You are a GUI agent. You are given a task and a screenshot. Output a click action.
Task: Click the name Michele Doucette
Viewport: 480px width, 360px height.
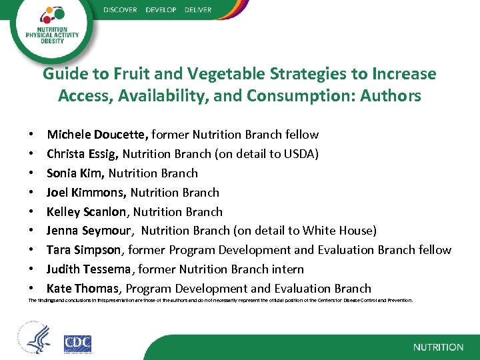96,135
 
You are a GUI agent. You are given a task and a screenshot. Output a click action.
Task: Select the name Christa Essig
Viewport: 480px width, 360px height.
82,154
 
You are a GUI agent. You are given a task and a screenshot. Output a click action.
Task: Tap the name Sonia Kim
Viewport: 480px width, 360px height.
75,173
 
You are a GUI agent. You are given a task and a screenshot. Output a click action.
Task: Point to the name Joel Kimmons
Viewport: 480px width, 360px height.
86,193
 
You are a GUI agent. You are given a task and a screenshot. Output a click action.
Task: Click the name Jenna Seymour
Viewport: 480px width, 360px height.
89,231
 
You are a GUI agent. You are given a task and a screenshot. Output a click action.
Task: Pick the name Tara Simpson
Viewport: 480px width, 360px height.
84,250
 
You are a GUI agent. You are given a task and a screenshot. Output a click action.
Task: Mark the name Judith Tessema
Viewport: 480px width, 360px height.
91,269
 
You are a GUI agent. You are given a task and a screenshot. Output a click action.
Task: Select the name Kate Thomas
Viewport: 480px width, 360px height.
83,289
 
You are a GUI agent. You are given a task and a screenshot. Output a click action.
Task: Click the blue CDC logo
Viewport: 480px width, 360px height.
77,343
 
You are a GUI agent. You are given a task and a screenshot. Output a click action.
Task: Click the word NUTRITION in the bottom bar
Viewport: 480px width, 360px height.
438,347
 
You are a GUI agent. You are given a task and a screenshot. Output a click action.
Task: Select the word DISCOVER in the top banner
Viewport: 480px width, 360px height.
121,10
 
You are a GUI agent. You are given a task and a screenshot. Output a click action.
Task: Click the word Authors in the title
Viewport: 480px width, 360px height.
391,96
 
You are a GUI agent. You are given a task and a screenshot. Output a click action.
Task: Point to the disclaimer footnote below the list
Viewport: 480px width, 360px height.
220,301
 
